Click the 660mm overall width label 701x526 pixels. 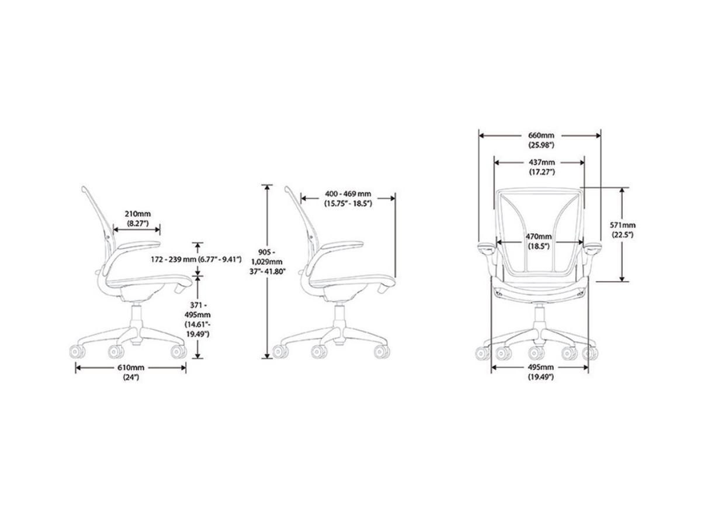pos(540,136)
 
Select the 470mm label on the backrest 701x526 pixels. pos(539,236)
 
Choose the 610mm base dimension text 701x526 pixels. pos(131,367)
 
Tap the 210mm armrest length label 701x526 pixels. pos(137,214)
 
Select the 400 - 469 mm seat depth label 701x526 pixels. pos(348,194)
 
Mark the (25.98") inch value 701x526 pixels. pos(540,145)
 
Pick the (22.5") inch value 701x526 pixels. pos(623,234)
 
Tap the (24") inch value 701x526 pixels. pos(131,377)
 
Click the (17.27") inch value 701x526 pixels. pos(542,172)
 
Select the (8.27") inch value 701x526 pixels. pos(137,224)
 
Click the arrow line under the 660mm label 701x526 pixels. pos(508,136)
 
